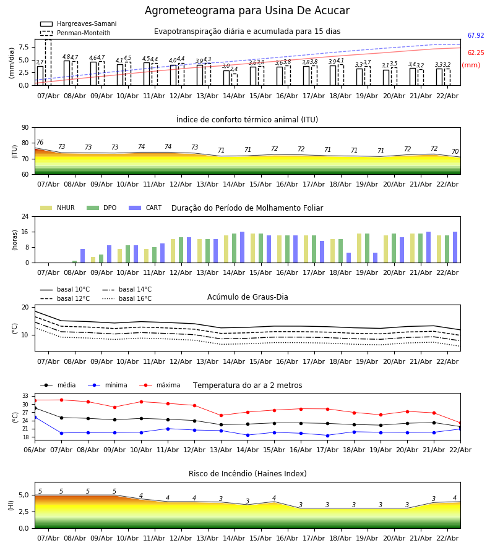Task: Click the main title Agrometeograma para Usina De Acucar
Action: tap(247, 11)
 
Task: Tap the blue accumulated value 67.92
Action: tap(475, 36)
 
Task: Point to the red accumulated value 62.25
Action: tap(475, 54)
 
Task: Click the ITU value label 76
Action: tap(40, 143)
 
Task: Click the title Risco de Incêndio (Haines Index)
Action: tap(247, 474)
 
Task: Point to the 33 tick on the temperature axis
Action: tap(25, 396)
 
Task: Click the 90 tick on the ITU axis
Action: tap(25, 128)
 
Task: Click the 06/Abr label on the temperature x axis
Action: tap(35, 449)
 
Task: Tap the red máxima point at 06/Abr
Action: tap(35, 400)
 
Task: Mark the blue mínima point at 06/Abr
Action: tap(35, 417)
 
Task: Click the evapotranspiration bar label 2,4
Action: tap(234, 69)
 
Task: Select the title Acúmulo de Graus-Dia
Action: tap(247, 297)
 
